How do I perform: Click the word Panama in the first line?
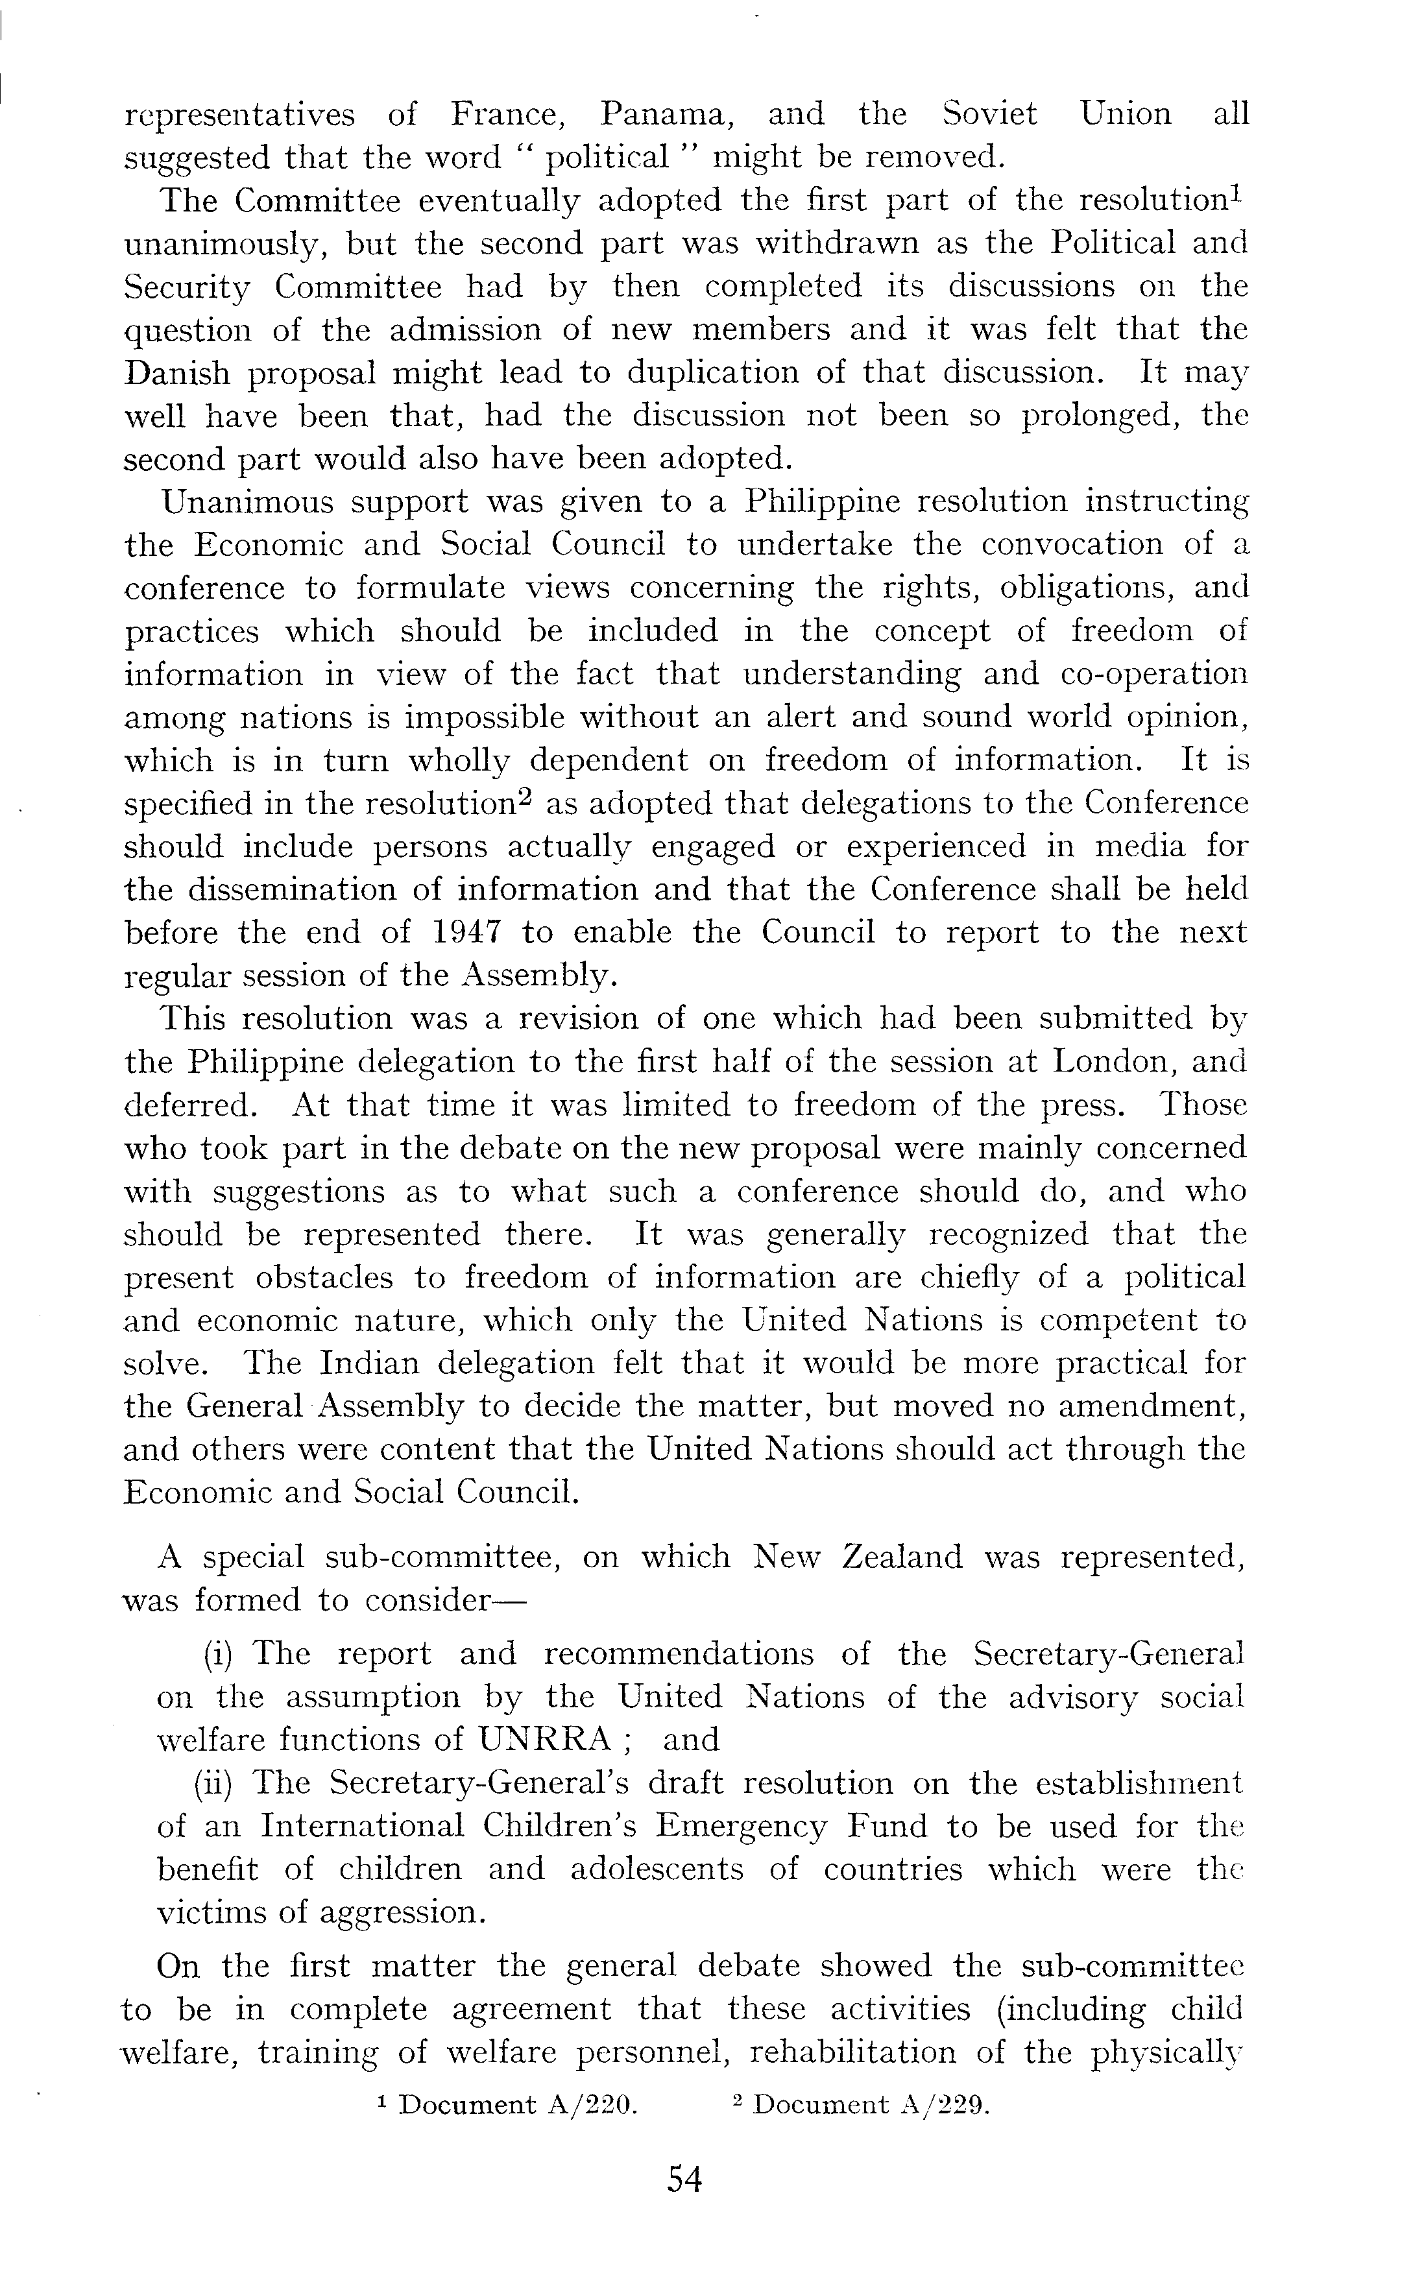[x=663, y=115]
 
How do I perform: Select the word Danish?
[x=177, y=374]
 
